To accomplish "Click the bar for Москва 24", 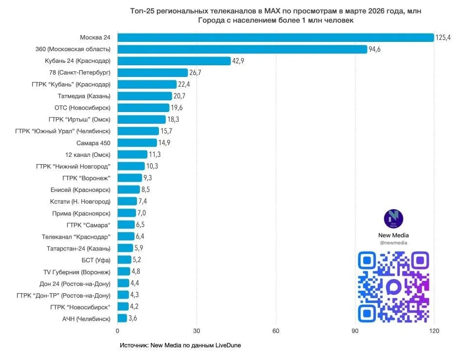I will click(275, 38).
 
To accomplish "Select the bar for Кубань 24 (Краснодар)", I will click(174, 61).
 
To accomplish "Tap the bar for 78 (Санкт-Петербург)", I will click(153, 73).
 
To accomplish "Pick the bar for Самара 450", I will click(137, 143).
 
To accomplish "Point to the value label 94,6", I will click(376, 49).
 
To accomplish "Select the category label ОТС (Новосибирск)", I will click(82, 108).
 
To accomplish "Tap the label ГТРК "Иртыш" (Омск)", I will click(79, 119).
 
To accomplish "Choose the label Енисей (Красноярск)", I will click(80, 189).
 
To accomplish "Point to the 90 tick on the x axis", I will click(355, 331).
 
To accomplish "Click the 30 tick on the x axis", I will click(196, 331).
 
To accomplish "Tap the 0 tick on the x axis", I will click(117, 331).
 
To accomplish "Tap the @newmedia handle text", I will click(393, 243).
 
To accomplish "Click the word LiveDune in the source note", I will click(228, 345).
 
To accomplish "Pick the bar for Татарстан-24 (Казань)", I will click(125, 248).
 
